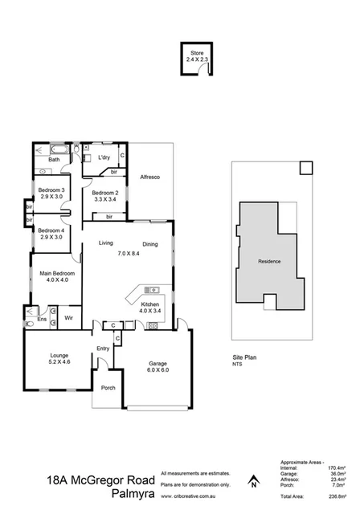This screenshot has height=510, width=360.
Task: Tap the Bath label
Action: (x=54, y=160)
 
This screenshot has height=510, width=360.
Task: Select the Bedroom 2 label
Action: (x=104, y=193)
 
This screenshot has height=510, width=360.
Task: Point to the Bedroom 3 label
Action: (x=51, y=190)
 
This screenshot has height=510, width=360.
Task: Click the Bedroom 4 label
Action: (x=51, y=232)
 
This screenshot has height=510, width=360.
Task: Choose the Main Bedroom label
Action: (x=57, y=275)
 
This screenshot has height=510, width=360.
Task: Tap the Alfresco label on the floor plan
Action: (x=151, y=176)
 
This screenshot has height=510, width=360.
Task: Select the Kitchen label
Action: (x=150, y=305)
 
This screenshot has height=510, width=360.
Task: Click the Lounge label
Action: (x=59, y=355)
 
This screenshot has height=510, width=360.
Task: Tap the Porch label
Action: (x=108, y=388)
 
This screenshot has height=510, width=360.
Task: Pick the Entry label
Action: (x=103, y=348)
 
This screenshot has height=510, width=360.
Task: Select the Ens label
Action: (x=42, y=320)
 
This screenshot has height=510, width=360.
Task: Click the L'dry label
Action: (x=104, y=157)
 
